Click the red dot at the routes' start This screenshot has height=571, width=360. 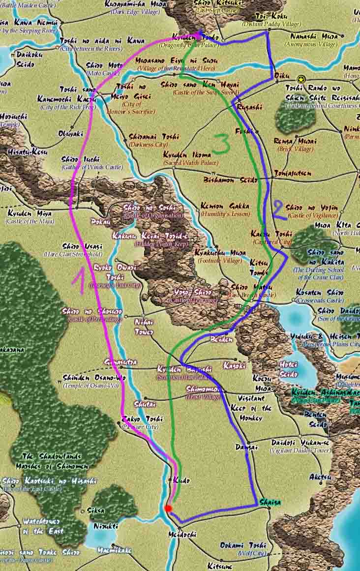coord(168,508)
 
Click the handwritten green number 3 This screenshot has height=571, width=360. coord(221,143)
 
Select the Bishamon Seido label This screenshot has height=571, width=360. coord(230,180)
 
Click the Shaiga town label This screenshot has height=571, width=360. coord(270,502)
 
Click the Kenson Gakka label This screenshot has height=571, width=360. coord(225,207)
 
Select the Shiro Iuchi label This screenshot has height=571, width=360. coord(81,159)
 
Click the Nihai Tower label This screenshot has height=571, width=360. coord(144,327)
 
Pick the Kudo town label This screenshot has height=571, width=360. coord(178,480)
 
